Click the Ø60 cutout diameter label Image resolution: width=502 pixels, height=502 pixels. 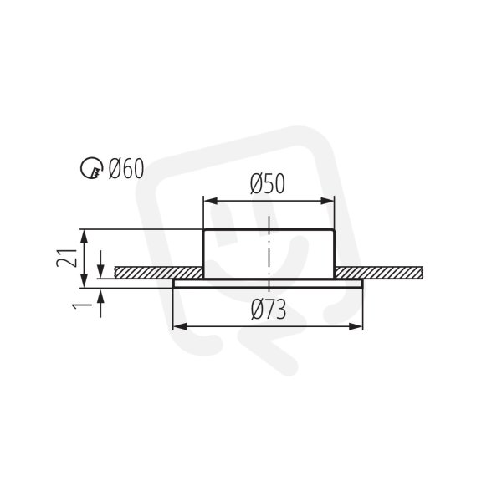[x=126, y=169]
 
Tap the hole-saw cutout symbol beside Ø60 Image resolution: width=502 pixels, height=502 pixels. [x=90, y=167]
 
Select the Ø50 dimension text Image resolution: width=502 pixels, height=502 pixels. [x=268, y=184]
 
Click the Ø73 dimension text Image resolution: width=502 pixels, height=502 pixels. [x=269, y=310]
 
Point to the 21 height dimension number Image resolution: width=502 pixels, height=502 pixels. [x=67, y=258]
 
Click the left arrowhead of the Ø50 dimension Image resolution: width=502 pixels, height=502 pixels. [x=211, y=201]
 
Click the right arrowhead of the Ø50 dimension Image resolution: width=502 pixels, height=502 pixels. [x=327, y=201]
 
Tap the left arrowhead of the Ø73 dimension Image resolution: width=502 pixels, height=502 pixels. [x=180, y=327]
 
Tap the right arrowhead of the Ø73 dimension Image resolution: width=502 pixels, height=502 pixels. [x=356, y=327]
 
